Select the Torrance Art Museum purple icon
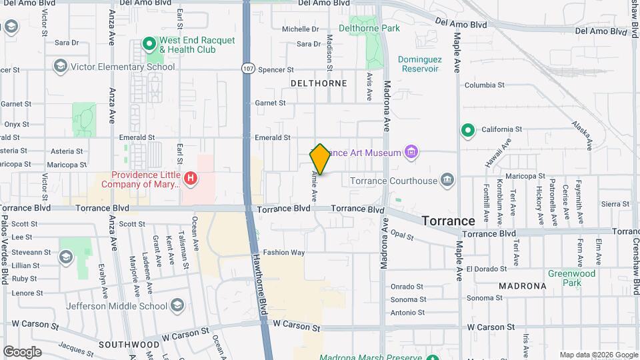pyautogui.click(x=412, y=153)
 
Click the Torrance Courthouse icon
pyautogui.click(x=447, y=180)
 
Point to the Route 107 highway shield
pyautogui.click(x=248, y=69)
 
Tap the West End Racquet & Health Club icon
pyautogui.click(x=149, y=45)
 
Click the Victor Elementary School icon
pyautogui.click(x=61, y=66)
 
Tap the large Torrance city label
pyautogui.click(x=449, y=221)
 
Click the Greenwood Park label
pyautogui.click(x=571, y=278)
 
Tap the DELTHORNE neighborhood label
pyautogui.click(x=319, y=83)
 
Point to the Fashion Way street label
pyautogui.click(x=283, y=253)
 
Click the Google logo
pyautogui.click(x=22, y=351)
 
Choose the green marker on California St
pyautogui.click(x=468, y=129)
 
